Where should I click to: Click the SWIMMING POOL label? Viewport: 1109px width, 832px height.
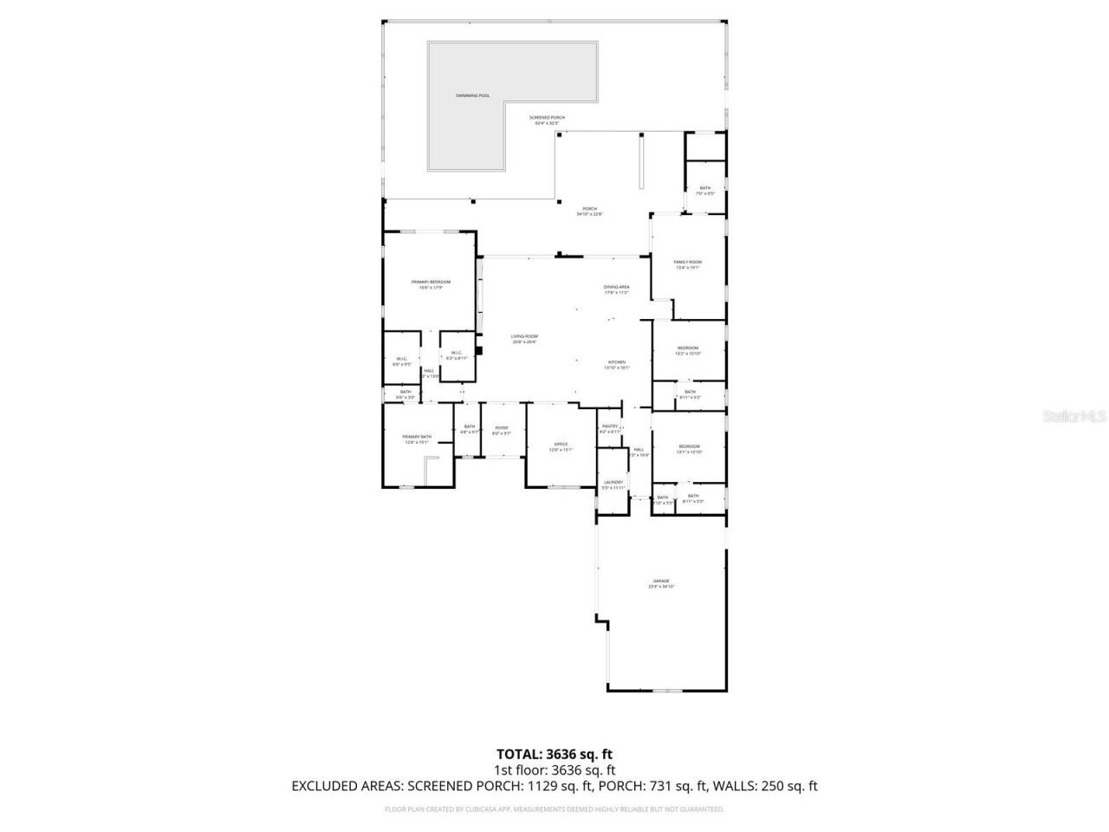(x=473, y=95)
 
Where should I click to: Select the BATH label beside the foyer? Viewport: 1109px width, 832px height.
(x=469, y=428)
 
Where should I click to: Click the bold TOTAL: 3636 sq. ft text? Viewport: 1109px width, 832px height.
(x=554, y=754)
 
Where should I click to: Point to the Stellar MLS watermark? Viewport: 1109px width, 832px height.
(x=1074, y=416)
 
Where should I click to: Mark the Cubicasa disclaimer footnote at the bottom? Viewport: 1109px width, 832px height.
(x=554, y=809)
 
